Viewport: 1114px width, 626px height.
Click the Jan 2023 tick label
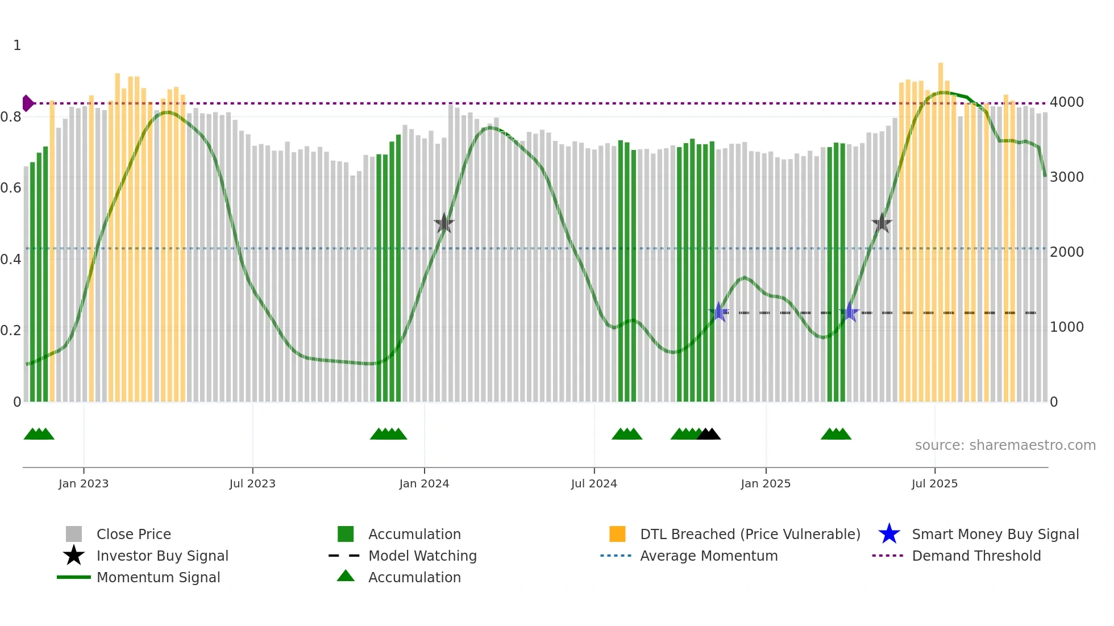(84, 483)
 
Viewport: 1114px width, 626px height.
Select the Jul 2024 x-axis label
(594, 483)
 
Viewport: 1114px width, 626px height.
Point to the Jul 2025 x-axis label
(934, 483)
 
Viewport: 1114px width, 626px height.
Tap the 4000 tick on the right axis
(1067, 102)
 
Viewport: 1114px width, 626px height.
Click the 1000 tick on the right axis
(1067, 327)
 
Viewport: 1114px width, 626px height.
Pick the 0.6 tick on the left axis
(11, 188)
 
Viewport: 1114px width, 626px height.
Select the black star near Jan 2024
(444, 223)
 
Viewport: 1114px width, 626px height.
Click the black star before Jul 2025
(882, 223)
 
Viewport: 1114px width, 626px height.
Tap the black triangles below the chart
(709, 435)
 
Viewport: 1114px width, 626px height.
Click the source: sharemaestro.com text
(1005, 445)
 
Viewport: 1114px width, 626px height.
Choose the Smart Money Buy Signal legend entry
(995, 534)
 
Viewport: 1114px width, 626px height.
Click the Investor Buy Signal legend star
(74, 556)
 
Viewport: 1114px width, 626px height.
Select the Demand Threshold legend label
(976, 556)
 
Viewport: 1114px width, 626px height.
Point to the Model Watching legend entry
(422, 556)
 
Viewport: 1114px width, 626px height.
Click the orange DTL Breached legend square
(617, 534)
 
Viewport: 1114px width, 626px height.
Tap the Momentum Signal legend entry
(158, 577)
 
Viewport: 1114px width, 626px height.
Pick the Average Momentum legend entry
(709, 556)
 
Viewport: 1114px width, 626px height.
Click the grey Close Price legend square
(74, 534)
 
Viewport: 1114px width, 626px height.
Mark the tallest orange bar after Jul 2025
(941, 227)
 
